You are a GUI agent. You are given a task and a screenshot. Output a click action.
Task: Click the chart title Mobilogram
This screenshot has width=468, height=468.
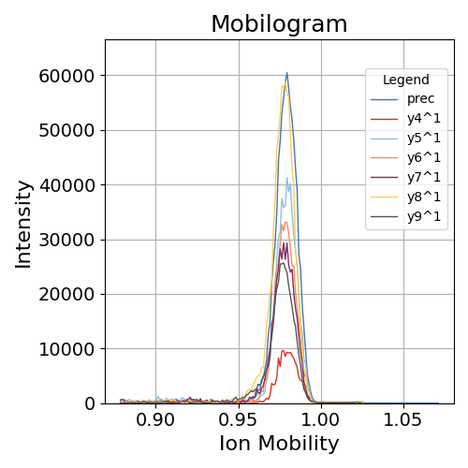[279, 24]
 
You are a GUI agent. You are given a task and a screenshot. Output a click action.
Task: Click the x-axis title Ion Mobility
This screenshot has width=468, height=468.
[279, 444]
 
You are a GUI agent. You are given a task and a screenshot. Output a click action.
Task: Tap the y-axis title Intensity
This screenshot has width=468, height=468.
[23, 224]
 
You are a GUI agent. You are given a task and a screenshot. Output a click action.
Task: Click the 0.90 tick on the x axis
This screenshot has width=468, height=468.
[155, 418]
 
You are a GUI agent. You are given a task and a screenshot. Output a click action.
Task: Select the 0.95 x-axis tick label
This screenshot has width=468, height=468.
[239, 418]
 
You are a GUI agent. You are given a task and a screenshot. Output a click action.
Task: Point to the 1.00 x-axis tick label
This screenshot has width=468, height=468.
[321, 418]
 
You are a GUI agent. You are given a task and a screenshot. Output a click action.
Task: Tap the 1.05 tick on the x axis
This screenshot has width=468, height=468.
[404, 418]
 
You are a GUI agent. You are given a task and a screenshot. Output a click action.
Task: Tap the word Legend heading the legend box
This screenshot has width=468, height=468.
[406, 80]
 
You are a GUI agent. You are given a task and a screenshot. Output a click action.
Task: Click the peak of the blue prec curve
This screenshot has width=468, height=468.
[287, 73]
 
